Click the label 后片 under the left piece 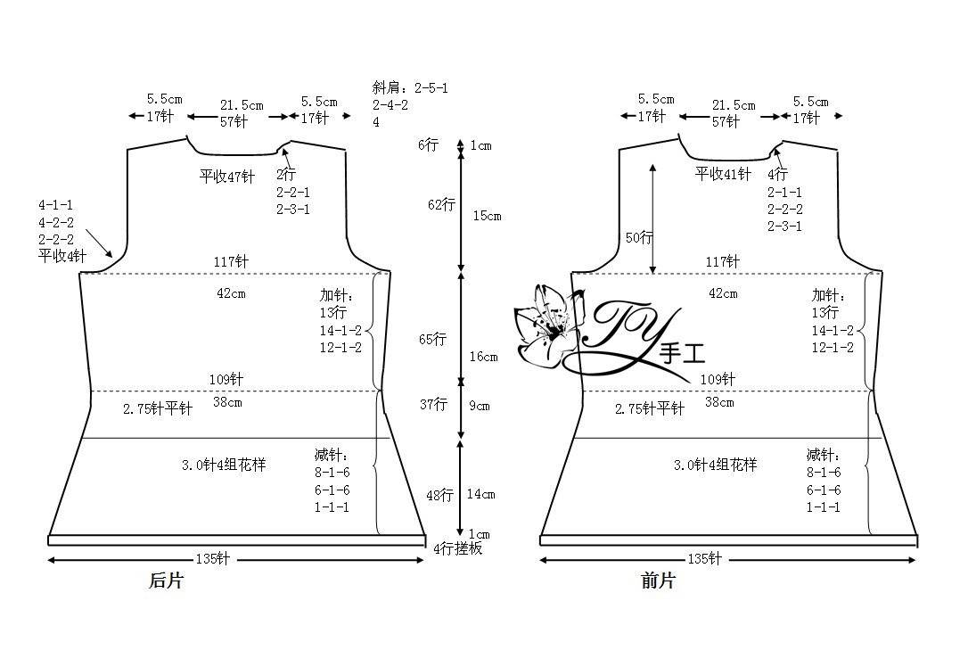(166, 581)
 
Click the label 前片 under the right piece (658, 581)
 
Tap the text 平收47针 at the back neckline (227, 176)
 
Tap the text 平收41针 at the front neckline (723, 174)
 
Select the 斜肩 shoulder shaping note (410, 105)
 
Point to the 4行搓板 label (457, 548)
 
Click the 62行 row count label (441, 204)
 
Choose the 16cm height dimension (483, 357)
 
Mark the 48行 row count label (439, 495)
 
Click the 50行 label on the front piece (639, 237)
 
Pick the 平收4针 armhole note (62, 256)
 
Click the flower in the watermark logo (546, 325)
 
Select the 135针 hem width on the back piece (212, 559)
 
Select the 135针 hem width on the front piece (704, 559)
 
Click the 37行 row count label (433, 404)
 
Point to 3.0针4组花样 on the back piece (224, 465)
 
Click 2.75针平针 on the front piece (650, 408)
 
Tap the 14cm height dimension (481, 494)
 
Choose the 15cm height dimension (487, 216)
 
